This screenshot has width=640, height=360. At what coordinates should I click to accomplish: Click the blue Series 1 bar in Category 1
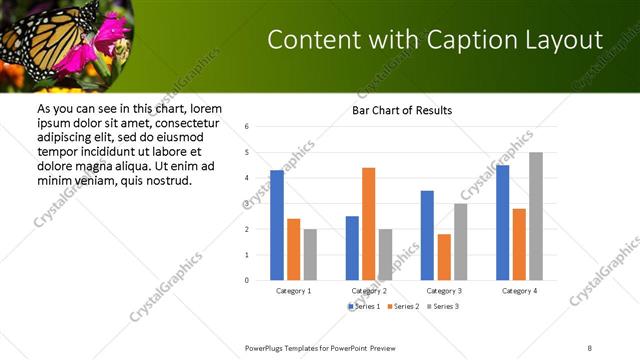pos(277,225)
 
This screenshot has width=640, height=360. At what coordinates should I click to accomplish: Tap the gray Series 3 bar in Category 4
pos(536,216)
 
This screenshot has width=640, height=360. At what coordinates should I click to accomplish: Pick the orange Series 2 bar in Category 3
pos(443,257)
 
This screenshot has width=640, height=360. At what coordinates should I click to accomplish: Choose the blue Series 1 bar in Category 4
pos(502,222)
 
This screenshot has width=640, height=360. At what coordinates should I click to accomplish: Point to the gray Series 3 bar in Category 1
pos(310,254)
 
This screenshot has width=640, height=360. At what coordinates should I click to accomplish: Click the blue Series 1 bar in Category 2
pos(352,248)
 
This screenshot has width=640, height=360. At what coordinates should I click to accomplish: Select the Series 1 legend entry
pos(367,305)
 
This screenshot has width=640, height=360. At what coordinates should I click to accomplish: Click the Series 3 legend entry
pos(444,305)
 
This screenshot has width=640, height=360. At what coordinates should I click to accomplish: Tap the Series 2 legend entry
pos(405,305)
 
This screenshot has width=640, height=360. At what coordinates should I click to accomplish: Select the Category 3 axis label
pos(443,290)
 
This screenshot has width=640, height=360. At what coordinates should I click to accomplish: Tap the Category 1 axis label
pos(293,290)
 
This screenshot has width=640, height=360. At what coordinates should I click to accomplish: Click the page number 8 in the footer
pos(589,347)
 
